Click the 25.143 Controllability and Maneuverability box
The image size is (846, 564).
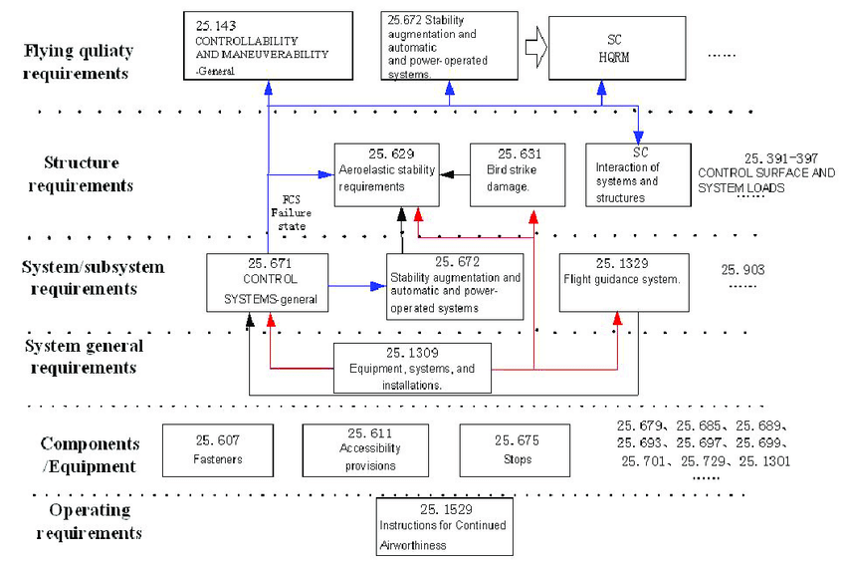pos(269,46)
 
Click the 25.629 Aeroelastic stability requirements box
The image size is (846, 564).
pos(385,173)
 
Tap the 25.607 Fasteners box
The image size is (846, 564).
pos(216,448)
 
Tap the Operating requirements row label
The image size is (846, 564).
pos(90,521)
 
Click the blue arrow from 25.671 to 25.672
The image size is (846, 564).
pos(357,286)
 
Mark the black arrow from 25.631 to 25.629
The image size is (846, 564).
pos(454,174)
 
